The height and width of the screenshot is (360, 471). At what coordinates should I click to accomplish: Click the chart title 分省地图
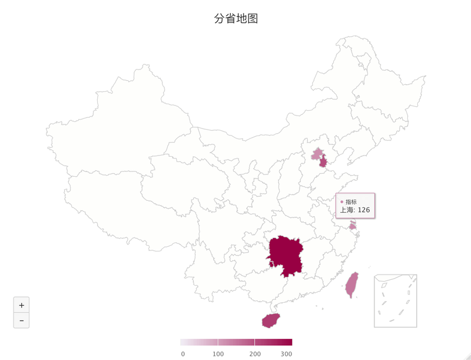[x=235, y=19]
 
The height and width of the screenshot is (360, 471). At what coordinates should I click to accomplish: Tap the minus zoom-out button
[x=21, y=321]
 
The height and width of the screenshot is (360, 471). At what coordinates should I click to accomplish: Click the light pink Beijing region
[x=317, y=155]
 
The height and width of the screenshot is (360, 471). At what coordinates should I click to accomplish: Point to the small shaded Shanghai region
[x=353, y=226]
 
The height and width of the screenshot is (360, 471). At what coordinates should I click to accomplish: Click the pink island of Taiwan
[x=351, y=285]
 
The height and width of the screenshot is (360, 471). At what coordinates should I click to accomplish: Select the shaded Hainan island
[x=271, y=321]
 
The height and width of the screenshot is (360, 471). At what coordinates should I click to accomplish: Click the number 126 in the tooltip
[x=364, y=210]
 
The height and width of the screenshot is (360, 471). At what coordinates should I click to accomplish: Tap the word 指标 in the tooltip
[x=351, y=202]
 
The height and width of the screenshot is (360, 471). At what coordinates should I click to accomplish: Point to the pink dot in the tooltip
[x=341, y=202]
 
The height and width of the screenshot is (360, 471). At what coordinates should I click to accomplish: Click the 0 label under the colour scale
[x=183, y=354]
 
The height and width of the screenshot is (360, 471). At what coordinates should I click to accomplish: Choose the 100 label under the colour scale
[x=218, y=354]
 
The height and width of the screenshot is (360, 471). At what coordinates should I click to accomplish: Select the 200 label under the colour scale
[x=255, y=354]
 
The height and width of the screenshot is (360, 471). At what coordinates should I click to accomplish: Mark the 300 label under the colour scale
[x=286, y=354]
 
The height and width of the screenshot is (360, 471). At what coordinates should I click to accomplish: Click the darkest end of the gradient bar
[x=289, y=342]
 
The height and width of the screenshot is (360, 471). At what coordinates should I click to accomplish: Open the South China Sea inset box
[x=395, y=300]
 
